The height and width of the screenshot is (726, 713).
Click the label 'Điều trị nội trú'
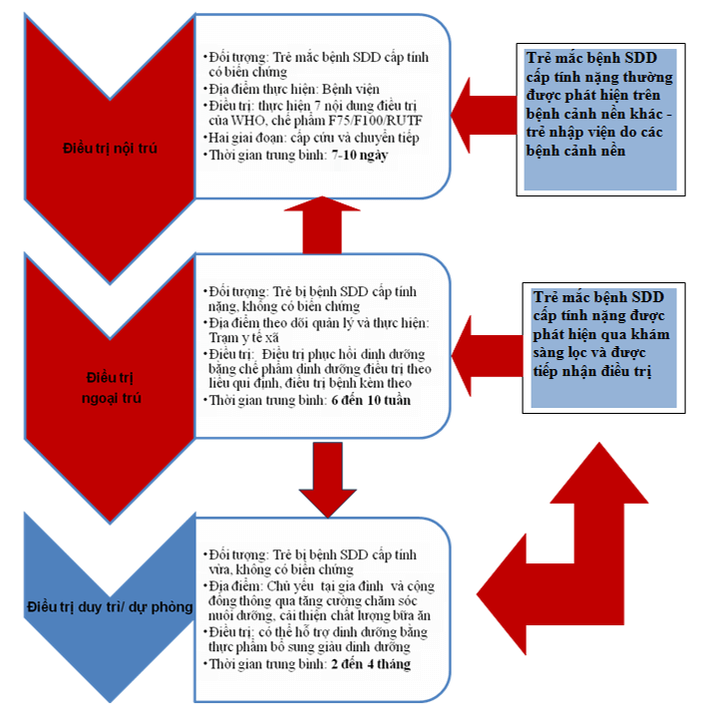tap(107, 149)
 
